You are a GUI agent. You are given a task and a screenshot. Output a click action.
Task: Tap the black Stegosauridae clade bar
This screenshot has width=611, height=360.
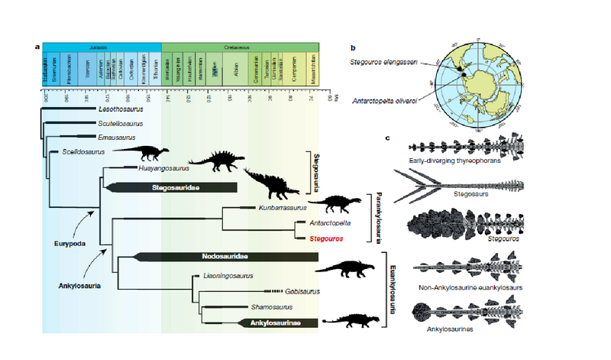click(x=173, y=187)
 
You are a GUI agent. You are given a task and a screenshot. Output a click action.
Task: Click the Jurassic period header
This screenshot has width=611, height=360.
click(x=102, y=47)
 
